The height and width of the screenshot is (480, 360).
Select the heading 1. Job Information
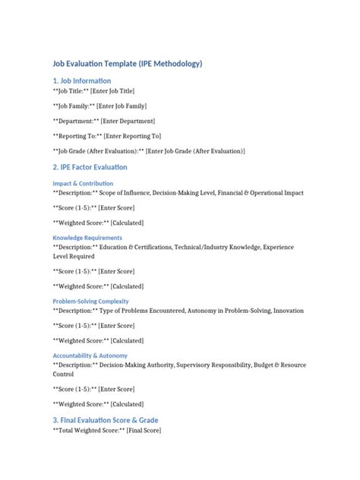pyautogui.click(x=82, y=81)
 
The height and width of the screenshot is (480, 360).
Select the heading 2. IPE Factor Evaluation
pyautogui.click(x=90, y=167)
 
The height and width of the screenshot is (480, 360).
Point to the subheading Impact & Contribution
pyautogui.click(x=83, y=184)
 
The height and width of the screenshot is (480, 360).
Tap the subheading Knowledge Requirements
pyautogui.click(x=87, y=238)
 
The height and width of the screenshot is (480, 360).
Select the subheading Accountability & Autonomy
pyautogui.click(x=90, y=355)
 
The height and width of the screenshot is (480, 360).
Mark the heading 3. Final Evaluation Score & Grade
pyautogui.click(x=105, y=420)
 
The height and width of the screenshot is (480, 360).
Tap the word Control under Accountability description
pyautogui.click(x=63, y=374)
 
